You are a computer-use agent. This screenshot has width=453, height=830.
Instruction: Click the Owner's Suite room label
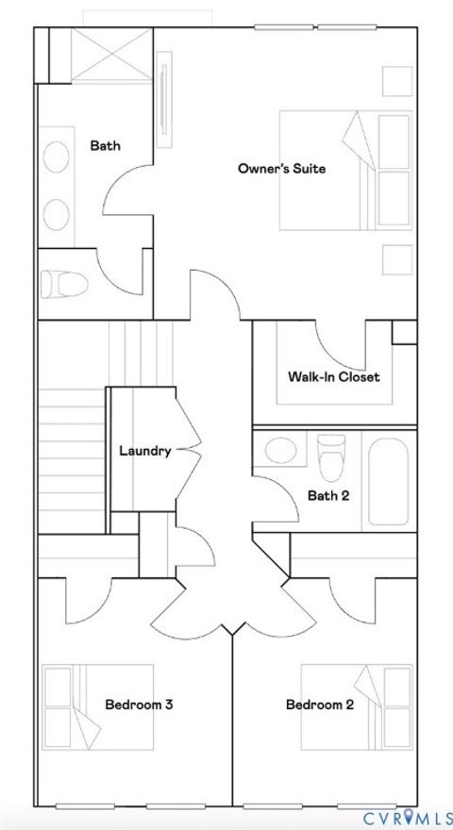[281, 169]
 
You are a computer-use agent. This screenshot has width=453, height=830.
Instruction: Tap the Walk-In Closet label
[333, 376]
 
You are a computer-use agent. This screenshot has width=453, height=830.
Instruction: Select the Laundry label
[144, 451]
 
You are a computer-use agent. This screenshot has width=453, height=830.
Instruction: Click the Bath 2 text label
[328, 495]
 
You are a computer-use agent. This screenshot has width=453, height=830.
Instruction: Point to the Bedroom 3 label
[138, 705]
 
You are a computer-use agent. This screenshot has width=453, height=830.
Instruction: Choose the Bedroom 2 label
[320, 705]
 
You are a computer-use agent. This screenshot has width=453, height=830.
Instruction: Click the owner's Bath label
[105, 145]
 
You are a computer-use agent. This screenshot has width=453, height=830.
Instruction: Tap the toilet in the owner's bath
[63, 283]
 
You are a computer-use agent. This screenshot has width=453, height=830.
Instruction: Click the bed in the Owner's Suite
[345, 171]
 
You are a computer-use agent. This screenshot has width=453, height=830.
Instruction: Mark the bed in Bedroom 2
[357, 707]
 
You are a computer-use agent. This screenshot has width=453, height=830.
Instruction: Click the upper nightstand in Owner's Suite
[396, 81]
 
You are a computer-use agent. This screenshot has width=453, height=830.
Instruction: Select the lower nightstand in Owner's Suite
[396, 259]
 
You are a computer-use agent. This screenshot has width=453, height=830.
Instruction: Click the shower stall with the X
[110, 57]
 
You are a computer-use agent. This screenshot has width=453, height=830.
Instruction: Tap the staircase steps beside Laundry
[71, 453]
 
